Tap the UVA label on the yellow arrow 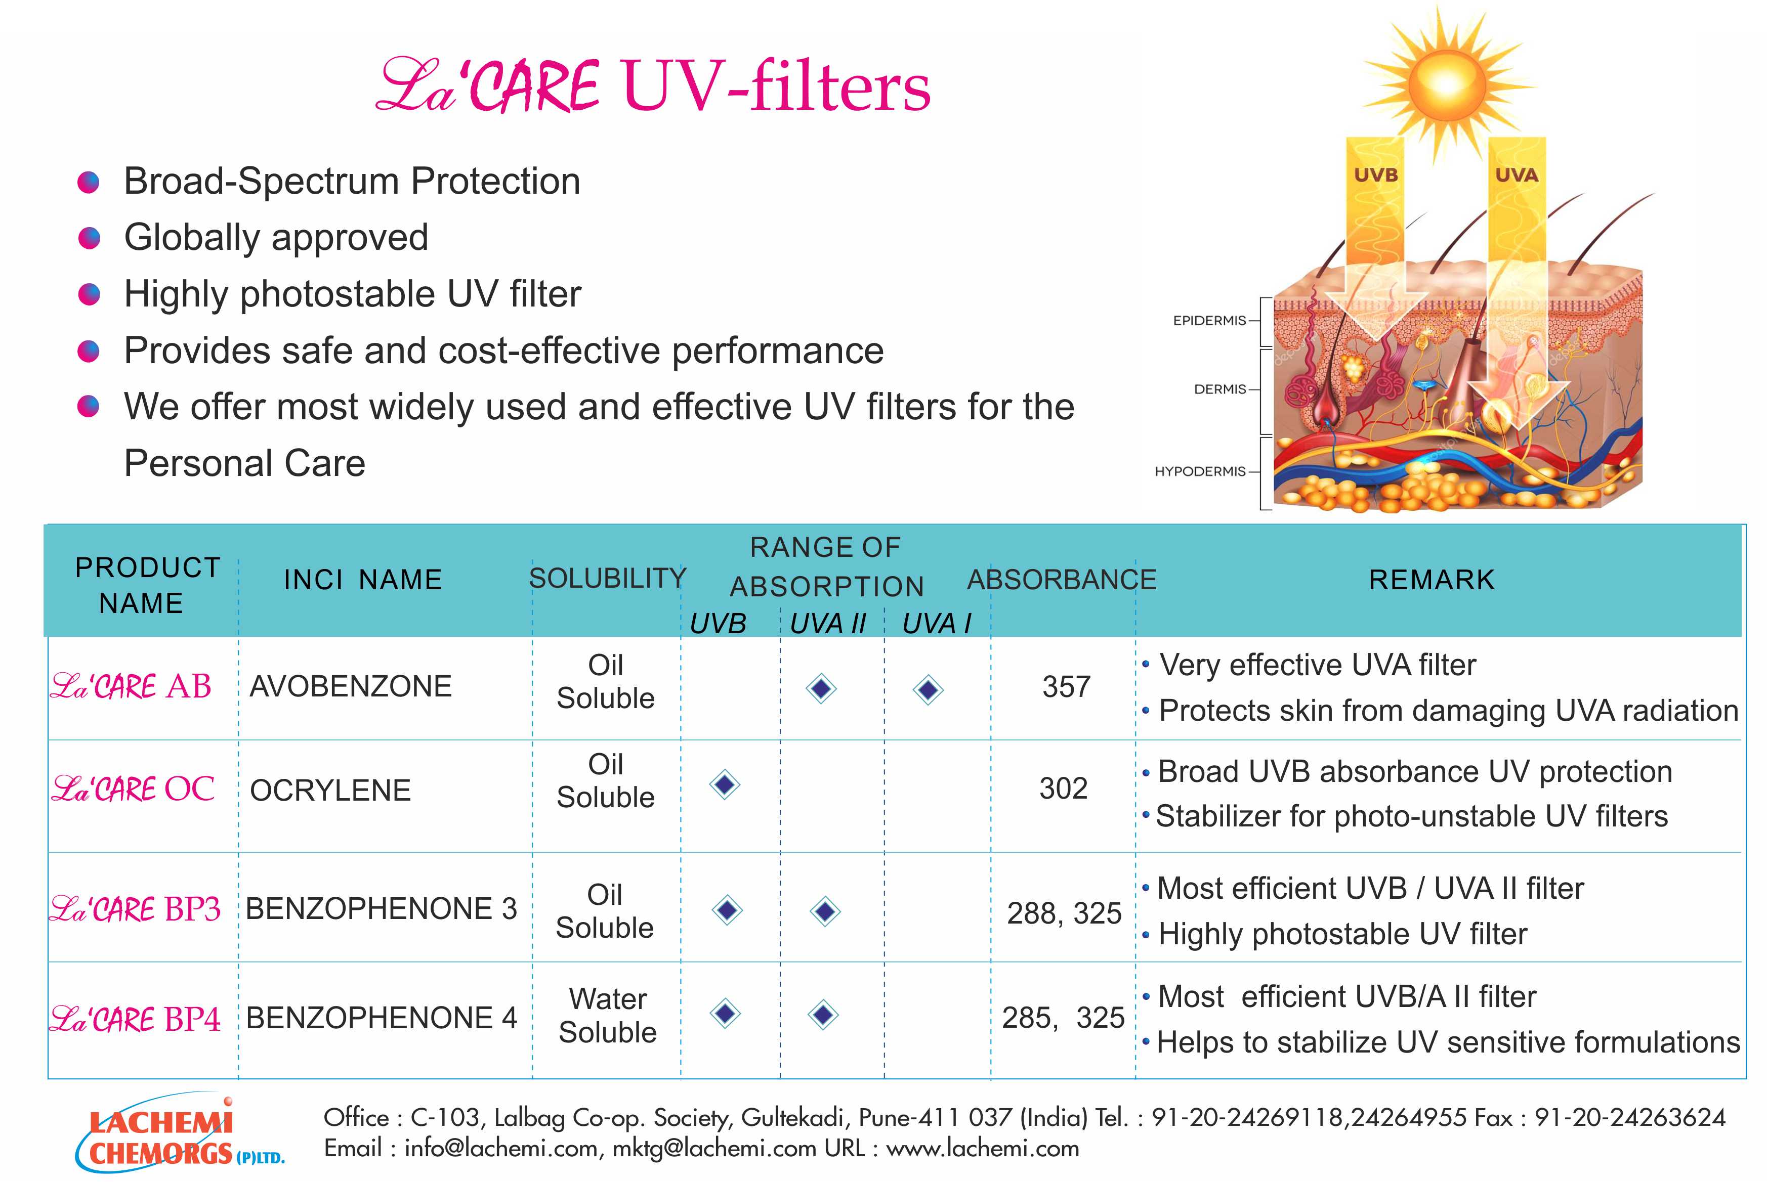[x=1517, y=175]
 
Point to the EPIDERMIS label [x=1209, y=320]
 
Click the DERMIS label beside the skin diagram [x=1219, y=389]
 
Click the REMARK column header [x=1432, y=580]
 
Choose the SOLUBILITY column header [x=607, y=578]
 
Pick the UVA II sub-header [x=827, y=624]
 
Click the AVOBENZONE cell [x=351, y=686]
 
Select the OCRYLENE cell [x=330, y=790]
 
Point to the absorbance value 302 [x=1063, y=789]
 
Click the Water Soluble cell [x=608, y=1016]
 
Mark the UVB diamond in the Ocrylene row [x=725, y=785]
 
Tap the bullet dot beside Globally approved [x=89, y=238]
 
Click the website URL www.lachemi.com [x=983, y=1148]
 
